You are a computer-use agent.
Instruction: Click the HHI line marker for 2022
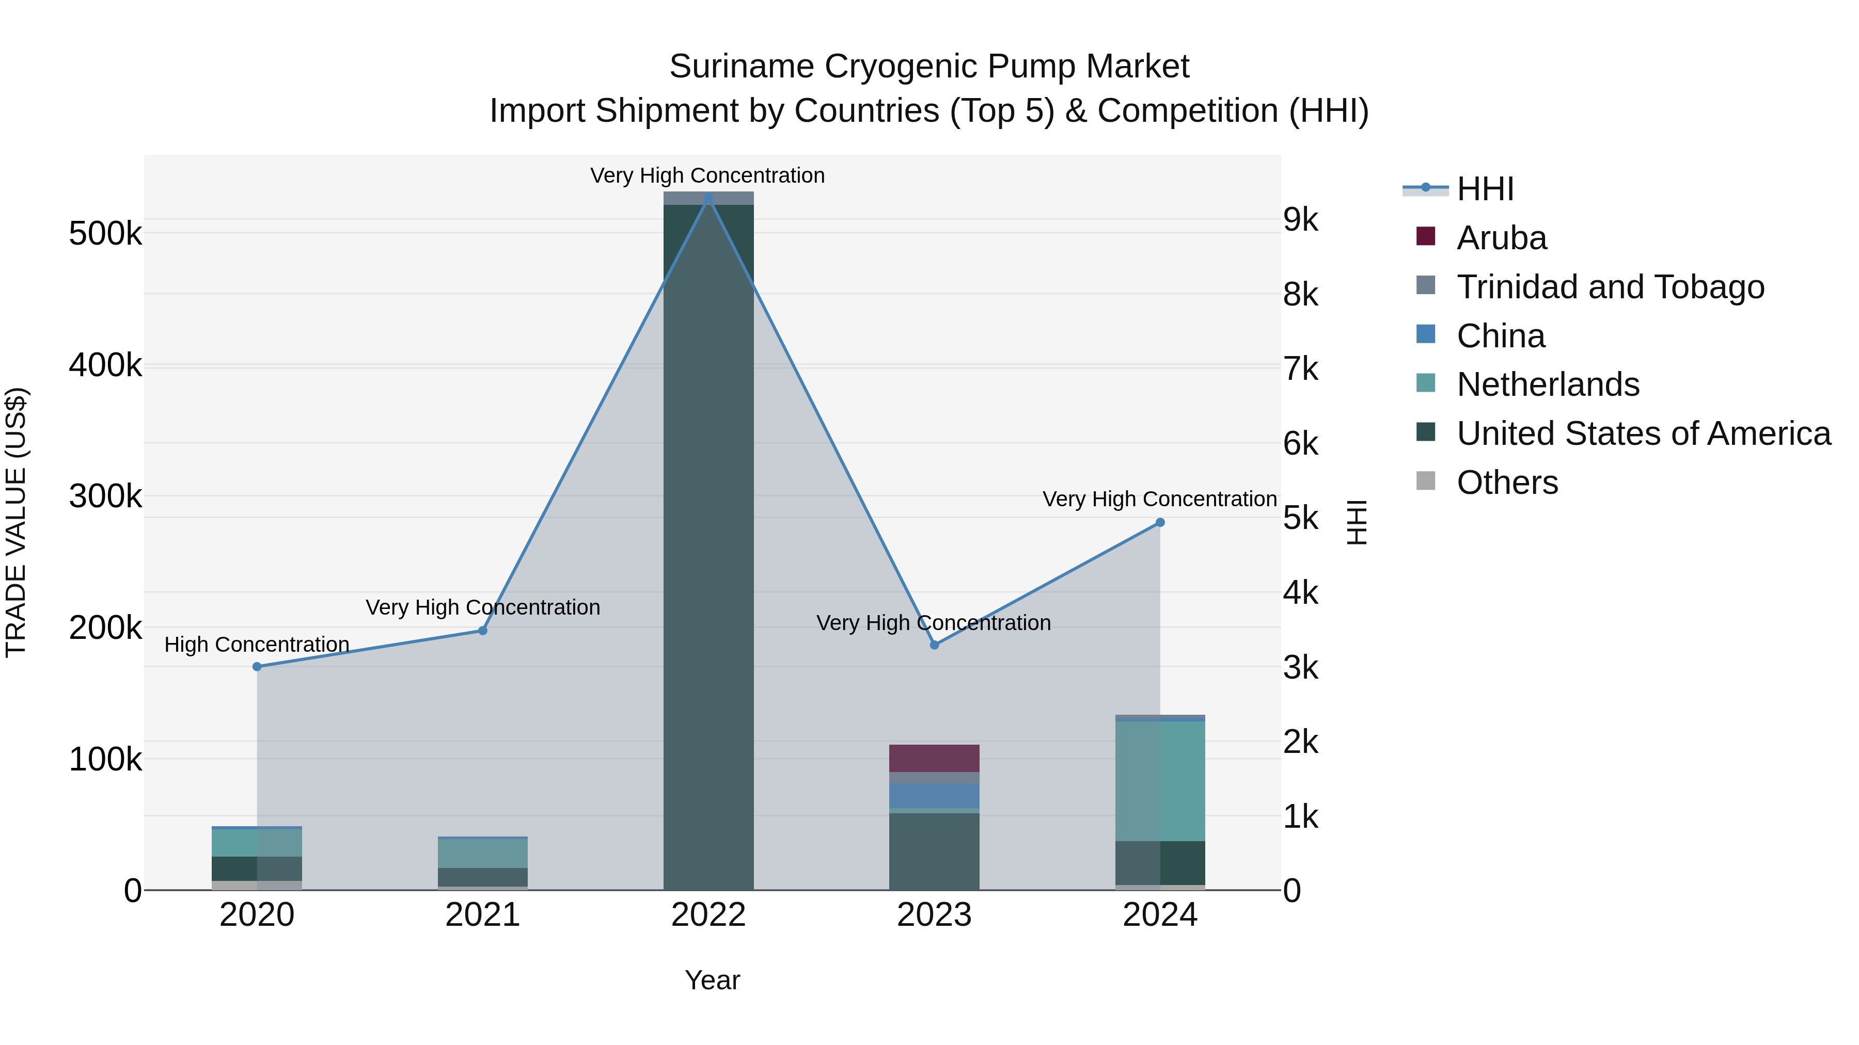(708, 198)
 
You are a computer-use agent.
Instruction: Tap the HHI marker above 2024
(1160, 522)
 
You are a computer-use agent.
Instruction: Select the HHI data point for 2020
(257, 666)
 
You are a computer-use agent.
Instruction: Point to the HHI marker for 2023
(934, 645)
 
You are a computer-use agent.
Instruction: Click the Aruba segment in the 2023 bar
(934, 758)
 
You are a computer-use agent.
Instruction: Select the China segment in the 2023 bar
(934, 795)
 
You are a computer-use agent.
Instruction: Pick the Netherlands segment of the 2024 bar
(1160, 781)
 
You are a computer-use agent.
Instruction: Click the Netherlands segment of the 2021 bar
(483, 853)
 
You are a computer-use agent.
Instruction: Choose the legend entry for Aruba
(1501, 238)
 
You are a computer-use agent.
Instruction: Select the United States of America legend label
(1643, 433)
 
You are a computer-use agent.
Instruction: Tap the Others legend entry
(1507, 483)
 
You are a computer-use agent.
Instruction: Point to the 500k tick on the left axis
(105, 234)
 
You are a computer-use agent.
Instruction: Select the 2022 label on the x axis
(708, 915)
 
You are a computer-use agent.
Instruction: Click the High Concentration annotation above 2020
(257, 644)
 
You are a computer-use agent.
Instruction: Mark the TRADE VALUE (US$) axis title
(16, 522)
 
